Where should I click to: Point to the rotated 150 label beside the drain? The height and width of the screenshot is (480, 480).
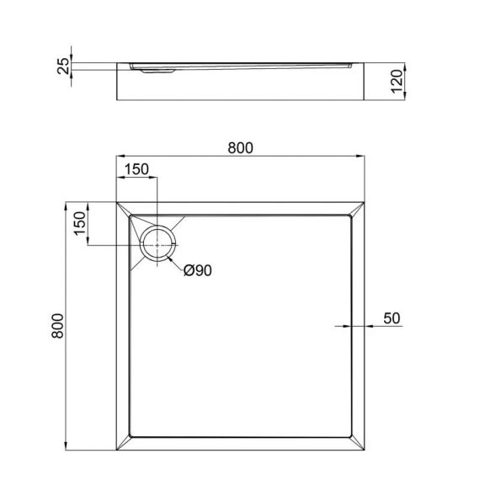tap(77, 225)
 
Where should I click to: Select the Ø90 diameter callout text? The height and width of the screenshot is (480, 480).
tap(198, 270)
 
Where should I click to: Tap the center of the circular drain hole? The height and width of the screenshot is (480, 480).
tap(157, 244)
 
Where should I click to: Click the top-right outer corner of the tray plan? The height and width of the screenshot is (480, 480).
tap(365, 202)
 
